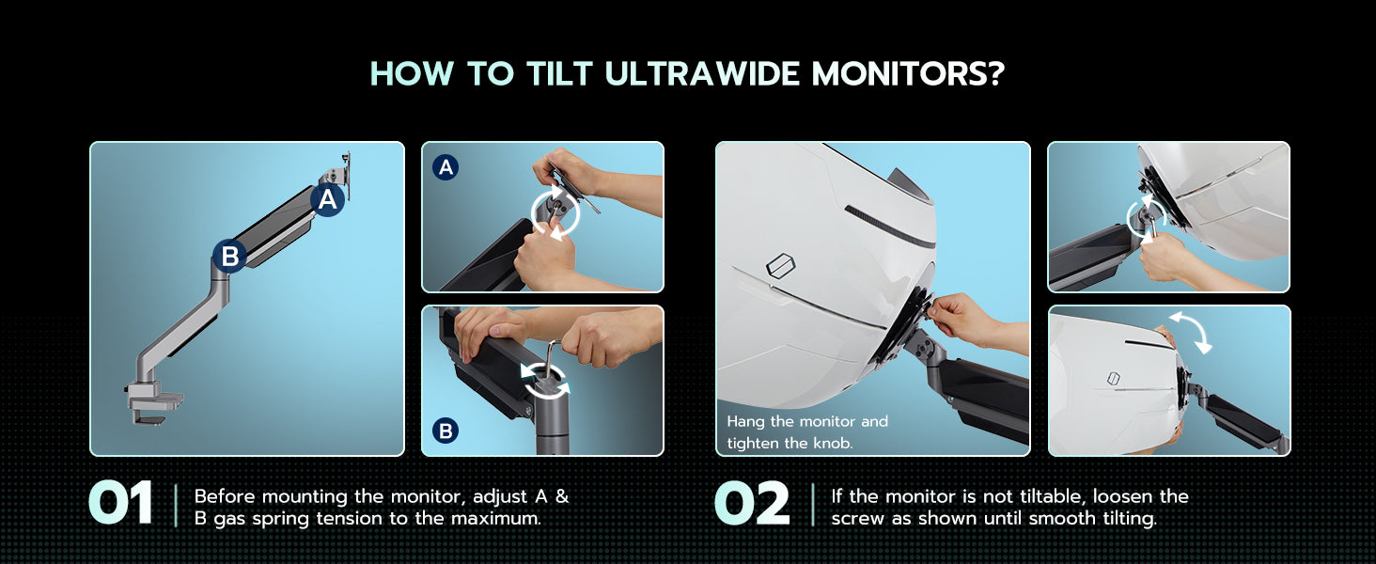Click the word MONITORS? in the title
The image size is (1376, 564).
click(x=908, y=73)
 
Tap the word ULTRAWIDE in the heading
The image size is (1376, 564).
click(x=703, y=73)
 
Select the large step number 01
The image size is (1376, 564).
click(x=120, y=504)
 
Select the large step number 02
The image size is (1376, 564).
click(x=752, y=504)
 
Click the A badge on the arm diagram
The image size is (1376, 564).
click(x=327, y=199)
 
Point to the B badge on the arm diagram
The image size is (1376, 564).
click(x=229, y=256)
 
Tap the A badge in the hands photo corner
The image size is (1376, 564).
click(x=446, y=167)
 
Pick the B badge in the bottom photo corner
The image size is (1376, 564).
click(x=446, y=431)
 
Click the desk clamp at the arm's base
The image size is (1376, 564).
click(x=153, y=402)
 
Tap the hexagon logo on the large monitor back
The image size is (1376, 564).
click(x=781, y=265)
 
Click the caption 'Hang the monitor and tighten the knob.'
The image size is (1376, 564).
click(x=807, y=431)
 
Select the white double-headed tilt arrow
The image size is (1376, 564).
click(x=1190, y=333)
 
